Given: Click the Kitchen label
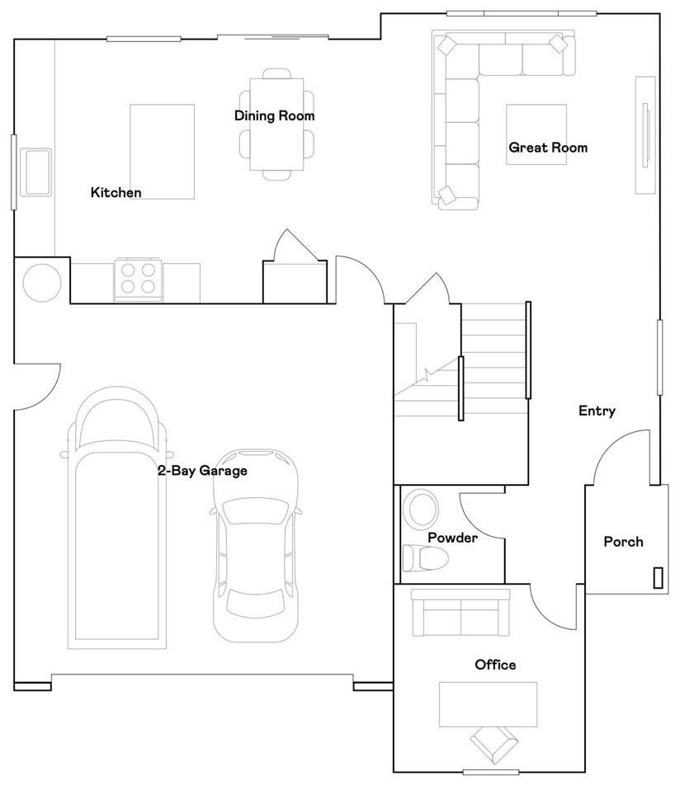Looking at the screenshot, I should click(116, 193).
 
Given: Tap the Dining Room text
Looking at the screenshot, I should click(274, 116).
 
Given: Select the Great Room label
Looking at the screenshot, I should click(547, 148).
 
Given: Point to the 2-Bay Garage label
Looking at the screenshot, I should click(203, 471).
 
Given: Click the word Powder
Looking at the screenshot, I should click(452, 538).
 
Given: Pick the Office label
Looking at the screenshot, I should click(494, 665).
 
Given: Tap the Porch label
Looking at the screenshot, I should click(623, 542).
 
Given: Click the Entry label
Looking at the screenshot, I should click(596, 411).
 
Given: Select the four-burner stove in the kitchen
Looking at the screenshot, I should click(139, 278).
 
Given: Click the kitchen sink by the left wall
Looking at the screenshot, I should click(35, 172).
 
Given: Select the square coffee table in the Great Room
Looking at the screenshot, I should click(536, 133).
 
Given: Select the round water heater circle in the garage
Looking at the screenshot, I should click(41, 282).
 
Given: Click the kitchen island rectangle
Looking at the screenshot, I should click(163, 152).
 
